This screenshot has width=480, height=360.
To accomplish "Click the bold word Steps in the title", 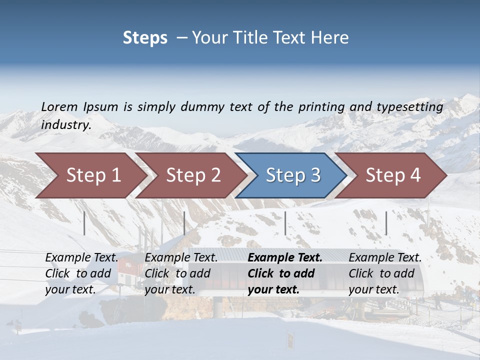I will (x=145, y=38).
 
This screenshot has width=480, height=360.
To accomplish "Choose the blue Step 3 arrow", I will (x=292, y=175).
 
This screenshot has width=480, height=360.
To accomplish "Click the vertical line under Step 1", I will (x=84, y=223).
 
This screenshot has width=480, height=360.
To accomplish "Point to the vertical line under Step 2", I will (x=184, y=223).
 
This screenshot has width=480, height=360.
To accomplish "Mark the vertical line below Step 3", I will (x=285, y=223).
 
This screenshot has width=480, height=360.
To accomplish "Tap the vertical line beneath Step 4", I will (x=386, y=223).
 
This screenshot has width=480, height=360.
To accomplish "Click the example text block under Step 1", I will (x=81, y=273).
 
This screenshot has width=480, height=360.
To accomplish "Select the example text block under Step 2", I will (x=181, y=273).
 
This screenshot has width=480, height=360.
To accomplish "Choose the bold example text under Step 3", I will (x=285, y=273).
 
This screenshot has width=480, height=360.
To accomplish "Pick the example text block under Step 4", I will (x=385, y=273).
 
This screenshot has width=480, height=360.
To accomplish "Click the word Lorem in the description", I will (x=59, y=106).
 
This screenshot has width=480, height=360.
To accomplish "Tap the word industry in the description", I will (x=66, y=125).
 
